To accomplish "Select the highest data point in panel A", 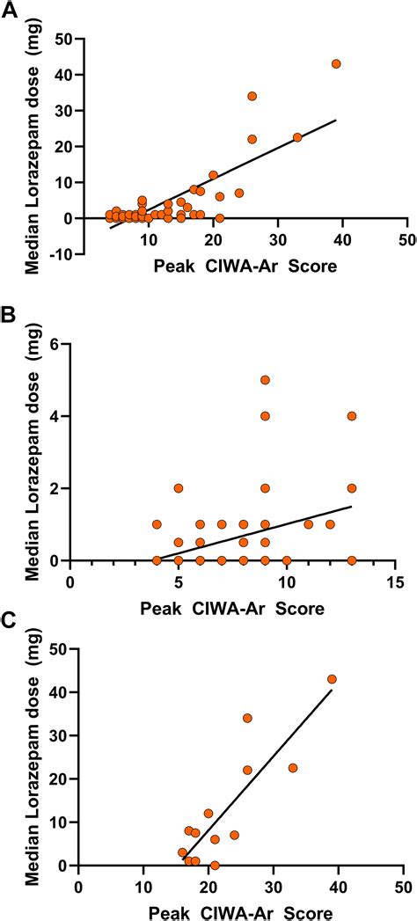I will (x=336, y=64).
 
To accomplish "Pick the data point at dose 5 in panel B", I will (x=265, y=380).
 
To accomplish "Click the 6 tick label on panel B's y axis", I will (x=61, y=345).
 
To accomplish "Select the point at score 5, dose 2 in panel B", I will (x=179, y=488).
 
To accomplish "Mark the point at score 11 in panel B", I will (x=309, y=524).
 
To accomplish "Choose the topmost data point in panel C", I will (x=332, y=679).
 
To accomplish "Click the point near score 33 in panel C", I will (x=293, y=768).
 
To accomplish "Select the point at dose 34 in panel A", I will (x=252, y=97).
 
